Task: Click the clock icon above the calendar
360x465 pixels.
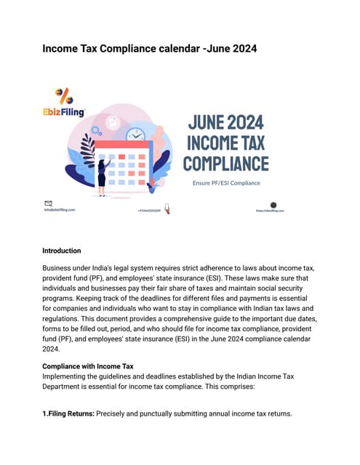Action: tap(135, 135)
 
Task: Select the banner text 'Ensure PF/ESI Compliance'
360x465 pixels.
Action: tap(225, 182)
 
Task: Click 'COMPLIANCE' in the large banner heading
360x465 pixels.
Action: tap(225, 163)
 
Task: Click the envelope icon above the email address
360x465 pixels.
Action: tap(49, 203)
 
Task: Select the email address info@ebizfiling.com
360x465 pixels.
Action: tap(60, 210)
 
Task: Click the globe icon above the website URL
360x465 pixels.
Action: tap(273, 205)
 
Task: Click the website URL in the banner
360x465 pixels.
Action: tap(270, 211)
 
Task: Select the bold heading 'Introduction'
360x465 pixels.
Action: tap(62, 251)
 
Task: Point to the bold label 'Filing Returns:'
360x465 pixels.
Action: tap(73, 414)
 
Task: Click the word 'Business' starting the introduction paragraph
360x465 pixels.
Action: tap(60, 268)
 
